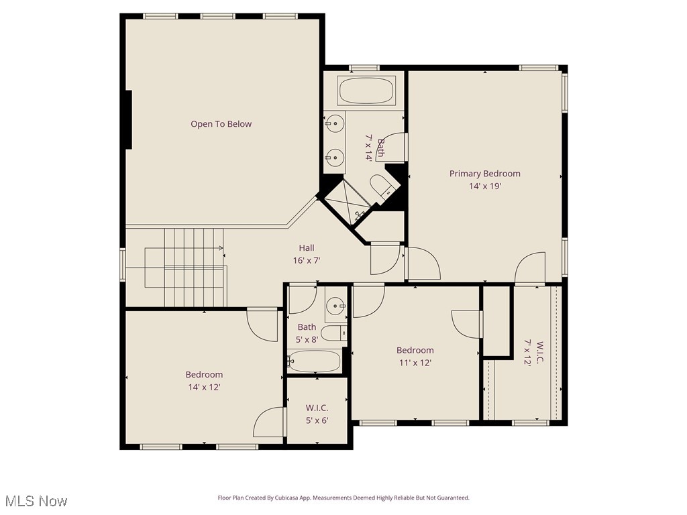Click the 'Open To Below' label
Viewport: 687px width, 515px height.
(221, 124)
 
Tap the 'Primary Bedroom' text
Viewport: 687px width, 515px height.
(484, 174)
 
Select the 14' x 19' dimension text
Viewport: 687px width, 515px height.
(484, 186)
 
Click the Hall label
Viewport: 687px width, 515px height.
(307, 248)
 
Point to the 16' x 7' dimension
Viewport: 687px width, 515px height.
(306, 260)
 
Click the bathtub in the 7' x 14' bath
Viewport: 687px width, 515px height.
(366, 91)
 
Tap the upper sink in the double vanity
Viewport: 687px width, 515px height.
(335, 123)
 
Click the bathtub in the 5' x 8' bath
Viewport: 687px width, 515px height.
(315, 361)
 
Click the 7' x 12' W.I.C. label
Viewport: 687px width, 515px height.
(533, 352)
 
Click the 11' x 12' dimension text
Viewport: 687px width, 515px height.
(415, 363)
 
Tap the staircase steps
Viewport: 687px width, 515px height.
(195, 267)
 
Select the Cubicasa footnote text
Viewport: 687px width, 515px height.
(343, 498)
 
